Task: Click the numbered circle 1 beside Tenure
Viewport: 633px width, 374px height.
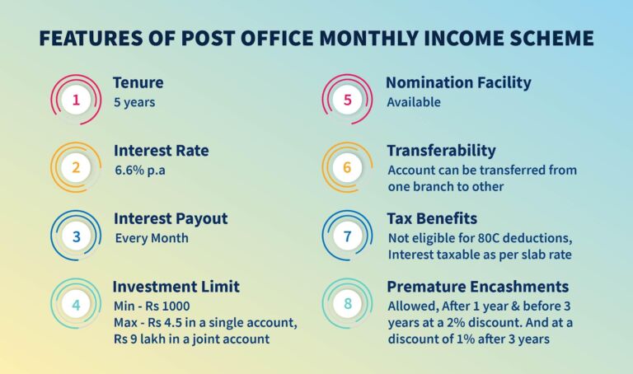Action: point(76,100)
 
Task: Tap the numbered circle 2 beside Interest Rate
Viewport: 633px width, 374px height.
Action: point(76,167)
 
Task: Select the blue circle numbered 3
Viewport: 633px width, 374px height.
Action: point(76,236)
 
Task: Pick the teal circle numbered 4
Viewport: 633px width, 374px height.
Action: point(76,304)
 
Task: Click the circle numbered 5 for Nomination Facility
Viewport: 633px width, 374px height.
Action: point(347,100)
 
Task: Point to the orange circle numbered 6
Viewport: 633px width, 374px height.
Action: point(347,167)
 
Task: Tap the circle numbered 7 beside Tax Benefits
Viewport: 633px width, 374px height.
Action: point(347,236)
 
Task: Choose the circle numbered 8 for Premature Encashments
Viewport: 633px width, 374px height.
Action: point(347,304)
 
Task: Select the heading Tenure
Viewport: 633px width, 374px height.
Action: point(138,82)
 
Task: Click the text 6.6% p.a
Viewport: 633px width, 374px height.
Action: point(139,171)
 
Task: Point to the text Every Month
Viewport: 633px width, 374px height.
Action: point(152,238)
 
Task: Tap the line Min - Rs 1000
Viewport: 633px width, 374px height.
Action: point(152,306)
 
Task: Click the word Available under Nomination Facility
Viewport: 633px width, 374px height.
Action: point(414,102)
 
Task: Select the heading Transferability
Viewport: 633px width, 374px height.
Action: point(441,151)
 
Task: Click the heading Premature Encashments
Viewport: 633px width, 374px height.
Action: point(477,287)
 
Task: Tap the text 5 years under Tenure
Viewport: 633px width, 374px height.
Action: point(134,102)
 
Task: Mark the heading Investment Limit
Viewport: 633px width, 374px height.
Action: point(176,287)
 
